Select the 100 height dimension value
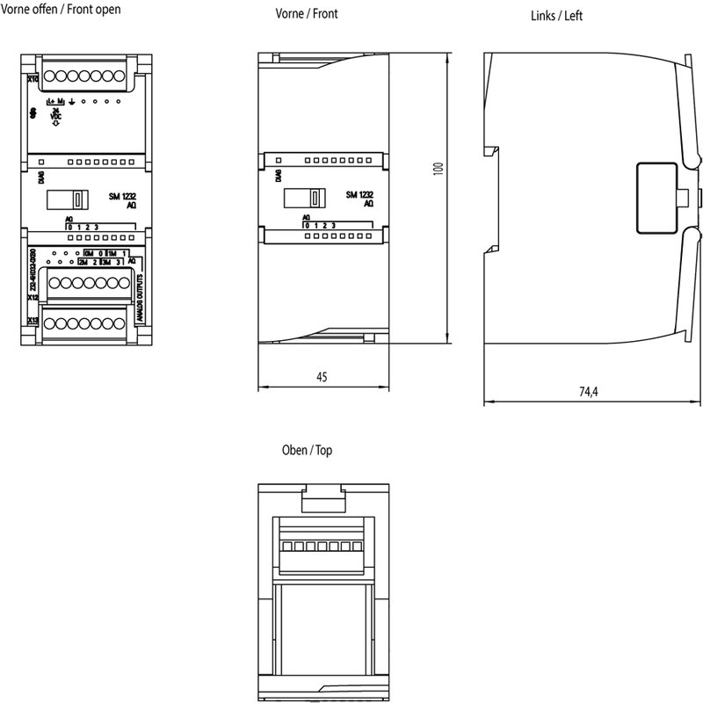click(438, 168)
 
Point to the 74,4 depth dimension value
click(589, 393)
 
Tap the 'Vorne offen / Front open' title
click(62, 10)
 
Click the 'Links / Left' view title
click(557, 16)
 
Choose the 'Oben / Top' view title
click(307, 450)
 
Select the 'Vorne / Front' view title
click(307, 14)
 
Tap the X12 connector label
click(33, 297)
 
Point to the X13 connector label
click(33, 321)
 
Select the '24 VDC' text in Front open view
click(55, 114)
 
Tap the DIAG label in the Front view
click(278, 175)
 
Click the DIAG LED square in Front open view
click(41, 162)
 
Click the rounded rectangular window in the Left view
click(656, 198)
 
